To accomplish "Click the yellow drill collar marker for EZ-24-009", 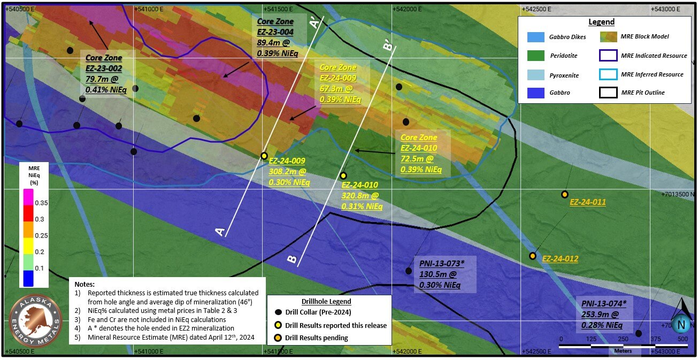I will tap(264, 156).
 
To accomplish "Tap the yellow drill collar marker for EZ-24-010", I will tap(343, 175).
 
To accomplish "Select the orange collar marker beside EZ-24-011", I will tap(564, 194).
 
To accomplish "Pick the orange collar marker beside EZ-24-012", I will tap(533, 256).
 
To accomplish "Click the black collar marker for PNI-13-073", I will tap(409, 271).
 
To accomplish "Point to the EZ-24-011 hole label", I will tap(588, 202).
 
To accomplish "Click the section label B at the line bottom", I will tap(292, 259).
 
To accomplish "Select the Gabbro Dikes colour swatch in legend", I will tap(536, 37).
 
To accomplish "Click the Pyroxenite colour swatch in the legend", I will tap(536, 74).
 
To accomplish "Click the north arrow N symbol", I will tap(681, 323).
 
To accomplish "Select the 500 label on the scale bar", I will tap(682, 339).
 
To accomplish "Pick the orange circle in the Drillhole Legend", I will tap(278, 338).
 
